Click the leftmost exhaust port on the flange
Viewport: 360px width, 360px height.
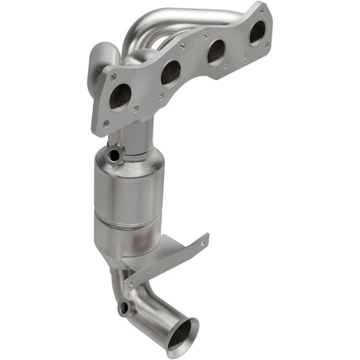click(x=120, y=96)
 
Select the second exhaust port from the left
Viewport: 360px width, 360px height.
click(x=171, y=72)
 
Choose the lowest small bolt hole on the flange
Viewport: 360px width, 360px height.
click(x=106, y=124)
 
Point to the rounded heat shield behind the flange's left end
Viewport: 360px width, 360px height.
click(x=101, y=58)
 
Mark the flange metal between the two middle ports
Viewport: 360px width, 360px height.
click(x=193, y=63)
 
